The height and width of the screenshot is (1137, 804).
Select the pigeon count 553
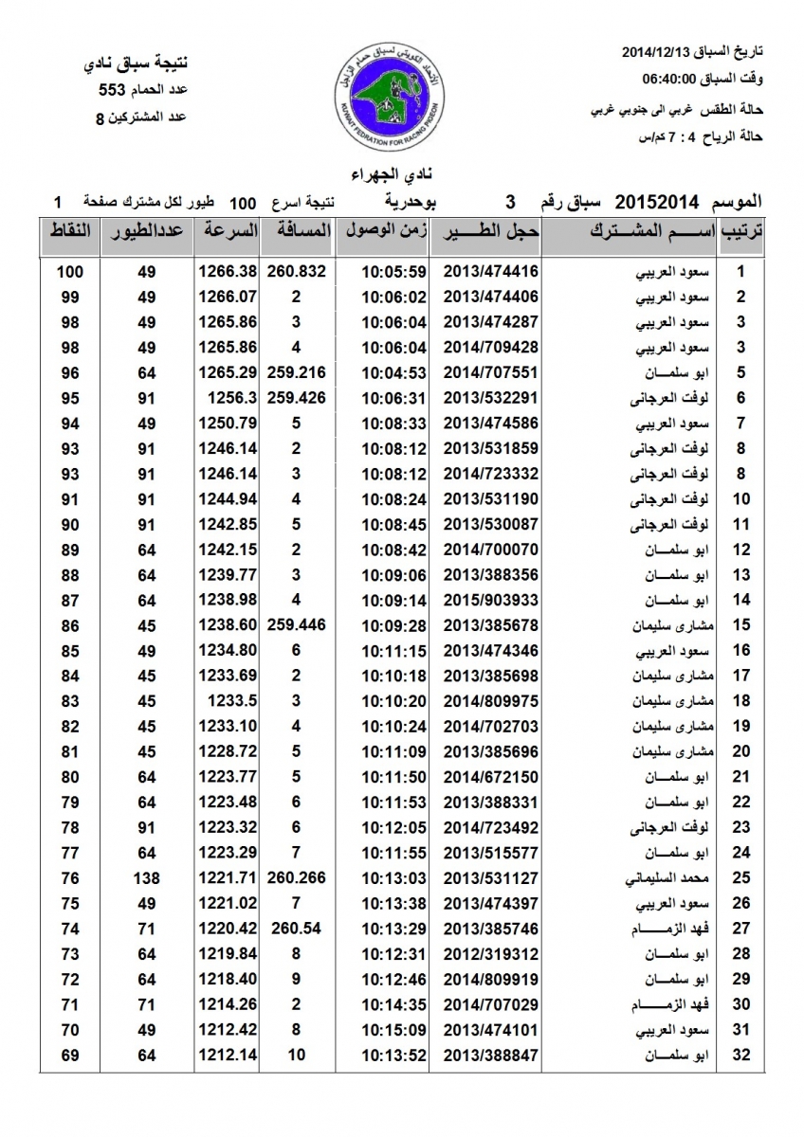coord(112,91)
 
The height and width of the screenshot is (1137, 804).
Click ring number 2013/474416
coord(484,272)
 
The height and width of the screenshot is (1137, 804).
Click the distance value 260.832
coord(297,272)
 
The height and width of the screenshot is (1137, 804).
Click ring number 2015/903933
coord(484,600)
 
